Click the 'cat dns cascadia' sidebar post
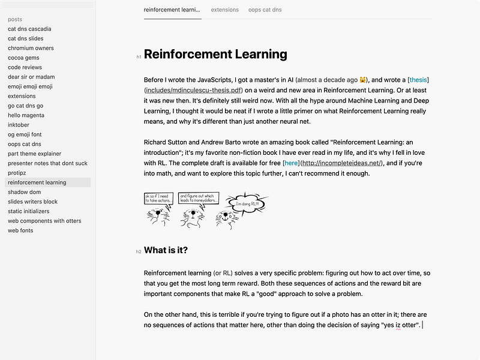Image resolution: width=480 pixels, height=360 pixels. click(29, 29)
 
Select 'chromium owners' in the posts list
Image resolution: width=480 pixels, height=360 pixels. click(31, 48)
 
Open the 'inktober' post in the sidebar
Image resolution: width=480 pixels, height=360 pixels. click(19, 125)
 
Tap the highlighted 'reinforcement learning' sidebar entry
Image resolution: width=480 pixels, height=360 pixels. click(37, 182)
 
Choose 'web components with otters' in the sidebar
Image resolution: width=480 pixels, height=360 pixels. click(44, 221)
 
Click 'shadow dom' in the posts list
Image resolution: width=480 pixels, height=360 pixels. click(23, 192)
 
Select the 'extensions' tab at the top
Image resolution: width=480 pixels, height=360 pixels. click(224, 10)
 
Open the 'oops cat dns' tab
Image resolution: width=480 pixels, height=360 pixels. click(265, 10)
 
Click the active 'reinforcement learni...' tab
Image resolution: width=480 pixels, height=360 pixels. click(172, 10)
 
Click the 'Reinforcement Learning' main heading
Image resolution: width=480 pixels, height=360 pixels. click(215, 55)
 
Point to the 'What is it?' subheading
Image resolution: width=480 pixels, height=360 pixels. click(166, 250)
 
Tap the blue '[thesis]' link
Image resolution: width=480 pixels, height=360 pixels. click(418, 80)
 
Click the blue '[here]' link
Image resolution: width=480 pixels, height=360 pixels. click(291, 163)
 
